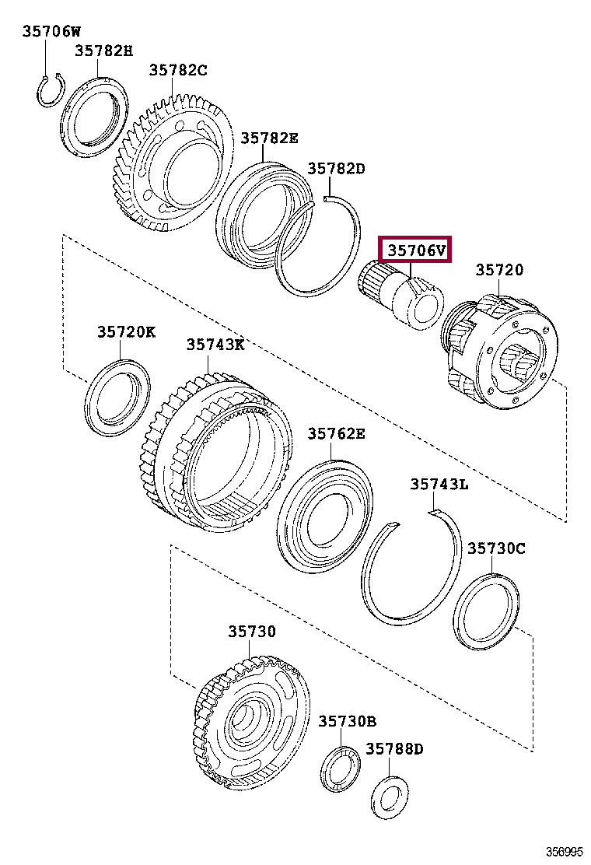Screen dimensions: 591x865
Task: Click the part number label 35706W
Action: point(51,31)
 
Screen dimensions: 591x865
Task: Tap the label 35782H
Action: point(103,51)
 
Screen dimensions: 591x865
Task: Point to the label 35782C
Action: point(178,70)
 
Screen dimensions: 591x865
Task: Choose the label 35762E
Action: point(335,433)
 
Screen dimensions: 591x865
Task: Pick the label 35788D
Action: point(394,748)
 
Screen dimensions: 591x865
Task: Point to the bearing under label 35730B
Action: point(340,769)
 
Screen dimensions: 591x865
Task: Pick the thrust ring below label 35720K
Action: point(118,396)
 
